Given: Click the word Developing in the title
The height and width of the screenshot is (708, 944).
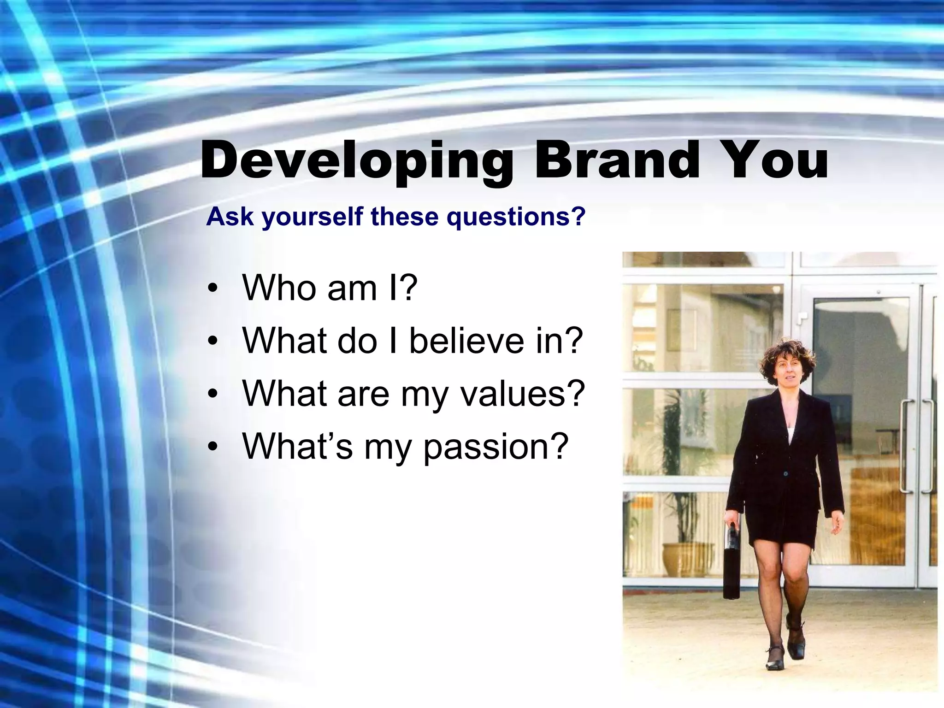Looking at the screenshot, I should (357, 160).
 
